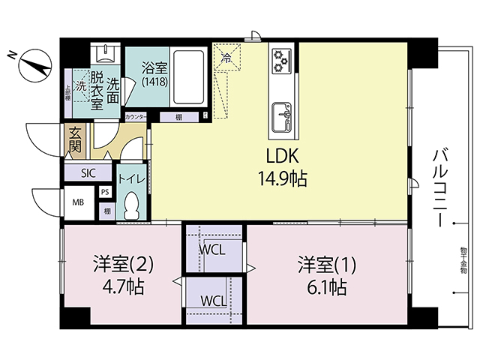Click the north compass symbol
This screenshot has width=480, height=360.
(x=32, y=64)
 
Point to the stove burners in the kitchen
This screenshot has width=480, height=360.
(x=281, y=61)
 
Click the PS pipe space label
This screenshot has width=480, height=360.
(x=105, y=192)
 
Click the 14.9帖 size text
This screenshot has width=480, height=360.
(x=281, y=179)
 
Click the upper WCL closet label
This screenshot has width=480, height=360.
(x=213, y=249)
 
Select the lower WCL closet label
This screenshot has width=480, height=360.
(x=213, y=301)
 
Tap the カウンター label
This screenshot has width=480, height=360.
(x=136, y=118)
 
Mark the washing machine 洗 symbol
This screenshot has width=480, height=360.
(x=79, y=84)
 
